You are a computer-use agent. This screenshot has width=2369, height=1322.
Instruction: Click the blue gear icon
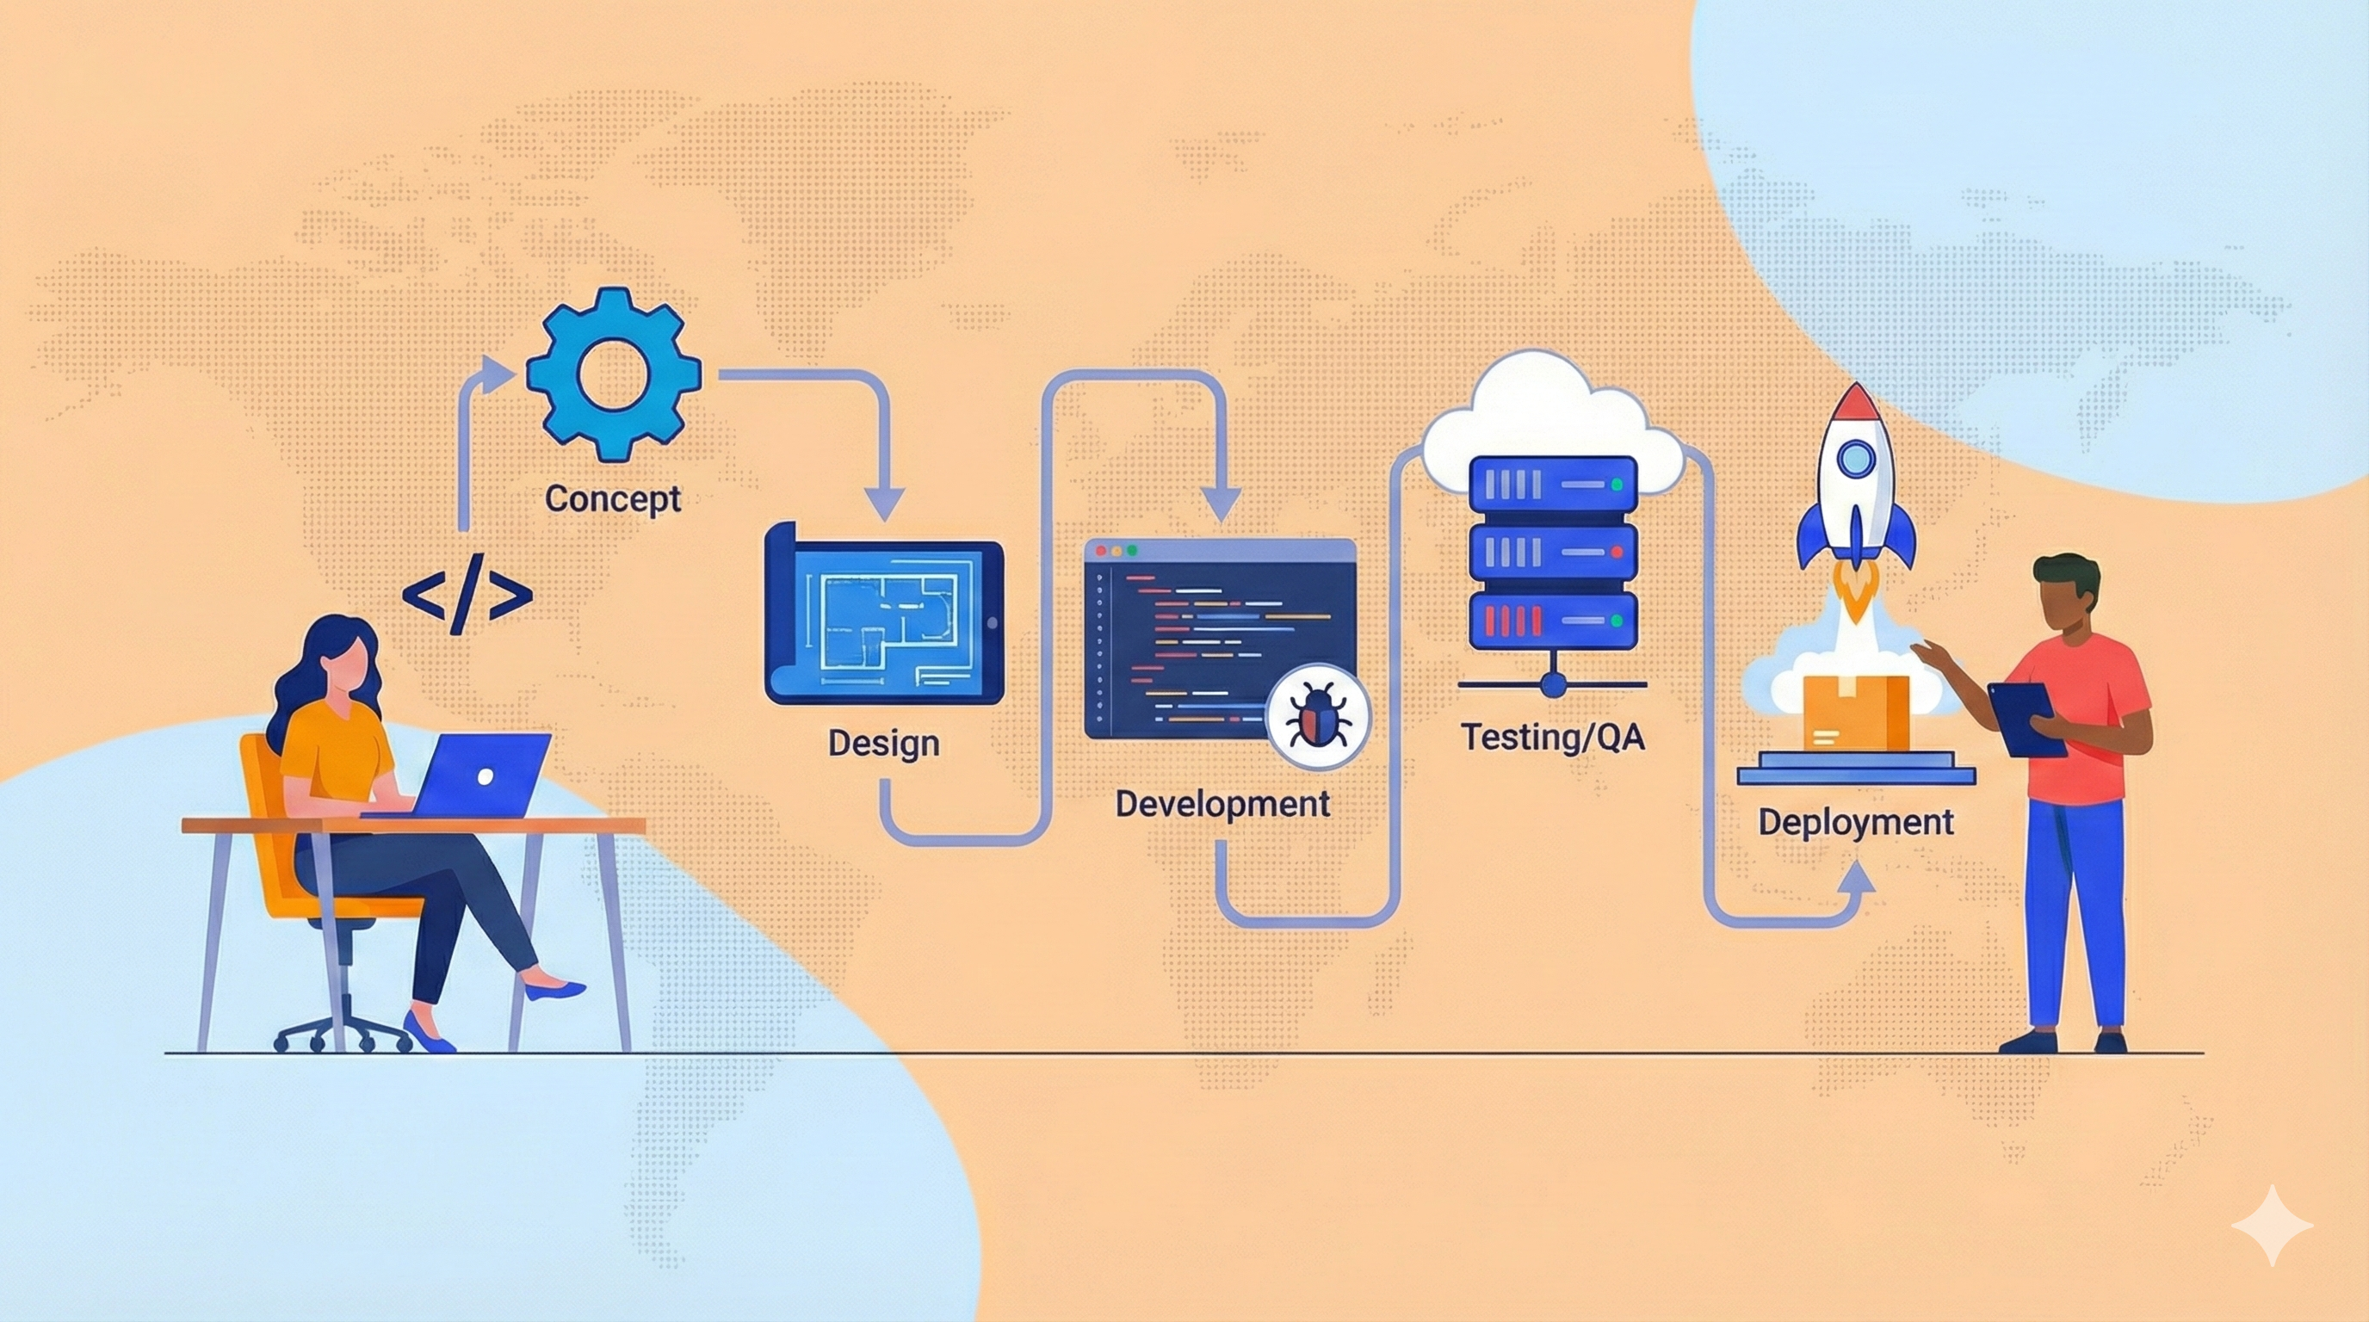[614, 374]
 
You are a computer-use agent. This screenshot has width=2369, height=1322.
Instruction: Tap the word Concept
[613, 498]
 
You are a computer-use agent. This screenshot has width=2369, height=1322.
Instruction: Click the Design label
[883, 742]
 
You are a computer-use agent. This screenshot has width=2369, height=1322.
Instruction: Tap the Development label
[1222, 804]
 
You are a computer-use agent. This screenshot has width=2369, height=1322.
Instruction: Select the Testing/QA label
[1552, 737]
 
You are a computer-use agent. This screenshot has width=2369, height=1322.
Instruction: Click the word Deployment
[1856, 821]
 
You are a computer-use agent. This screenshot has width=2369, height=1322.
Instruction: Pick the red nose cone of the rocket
[1856, 404]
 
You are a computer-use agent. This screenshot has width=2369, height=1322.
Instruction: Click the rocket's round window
[1856, 457]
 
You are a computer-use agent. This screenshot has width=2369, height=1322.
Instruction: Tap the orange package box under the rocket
[1856, 713]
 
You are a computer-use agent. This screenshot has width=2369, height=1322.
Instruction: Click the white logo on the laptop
[486, 777]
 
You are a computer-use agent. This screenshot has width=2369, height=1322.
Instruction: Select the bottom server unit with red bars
[1552, 621]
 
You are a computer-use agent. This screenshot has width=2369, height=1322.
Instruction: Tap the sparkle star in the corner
[2272, 1226]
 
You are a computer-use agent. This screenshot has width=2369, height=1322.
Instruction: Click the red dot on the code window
[1101, 550]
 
